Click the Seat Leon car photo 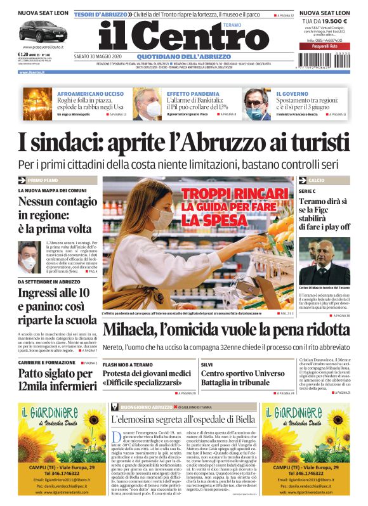pyautogui.click(x=39, y=30)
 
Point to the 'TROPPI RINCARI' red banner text pyautogui.click(x=235, y=193)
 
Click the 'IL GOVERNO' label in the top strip pyautogui.click(x=292, y=93)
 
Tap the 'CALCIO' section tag pyautogui.click(x=317, y=181)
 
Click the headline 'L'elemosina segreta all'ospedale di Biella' pyautogui.click(x=184, y=402)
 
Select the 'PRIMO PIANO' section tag pyautogui.click(x=41, y=181)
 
